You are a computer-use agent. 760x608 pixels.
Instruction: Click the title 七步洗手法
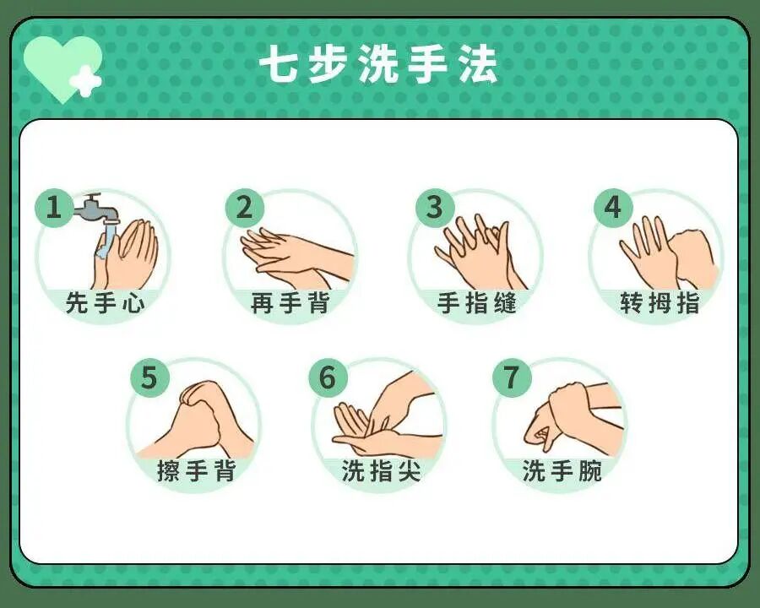coord(379,65)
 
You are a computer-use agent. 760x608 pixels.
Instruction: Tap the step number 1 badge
coord(54,208)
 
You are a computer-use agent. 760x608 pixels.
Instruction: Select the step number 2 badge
coord(244,208)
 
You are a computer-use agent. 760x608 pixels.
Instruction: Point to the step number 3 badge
coord(435,208)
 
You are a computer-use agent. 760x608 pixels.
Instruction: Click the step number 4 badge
coord(613,208)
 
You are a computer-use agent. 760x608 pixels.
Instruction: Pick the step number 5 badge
coord(149,377)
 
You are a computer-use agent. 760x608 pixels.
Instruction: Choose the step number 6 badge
coord(328,377)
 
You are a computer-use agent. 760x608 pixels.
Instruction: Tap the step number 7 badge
coord(512,377)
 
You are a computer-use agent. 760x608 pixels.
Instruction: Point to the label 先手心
coord(105,302)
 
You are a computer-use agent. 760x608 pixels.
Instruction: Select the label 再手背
coord(290,302)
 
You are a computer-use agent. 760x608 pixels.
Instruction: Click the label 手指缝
coord(476,302)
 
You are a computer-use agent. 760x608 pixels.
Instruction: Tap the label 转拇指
coord(660,302)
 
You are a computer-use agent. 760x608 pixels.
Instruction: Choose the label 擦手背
coord(196,470)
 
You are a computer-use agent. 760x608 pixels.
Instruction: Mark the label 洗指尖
coord(381,470)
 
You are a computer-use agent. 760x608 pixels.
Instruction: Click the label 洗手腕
coord(562,470)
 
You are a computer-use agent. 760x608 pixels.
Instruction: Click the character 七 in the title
coord(278,65)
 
